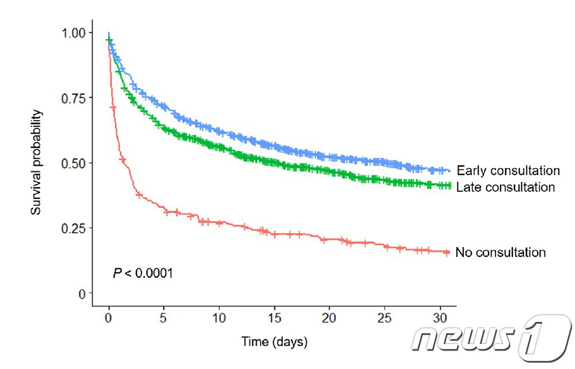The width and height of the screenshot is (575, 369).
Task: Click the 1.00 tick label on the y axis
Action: click(74, 32)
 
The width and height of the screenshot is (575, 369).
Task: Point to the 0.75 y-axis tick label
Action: click(74, 98)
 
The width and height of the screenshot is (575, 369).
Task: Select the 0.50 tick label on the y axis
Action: click(74, 163)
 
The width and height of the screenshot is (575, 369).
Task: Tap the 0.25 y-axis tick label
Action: click(74, 229)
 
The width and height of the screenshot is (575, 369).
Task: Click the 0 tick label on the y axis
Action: click(82, 294)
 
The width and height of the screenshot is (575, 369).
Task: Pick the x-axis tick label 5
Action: click(163, 318)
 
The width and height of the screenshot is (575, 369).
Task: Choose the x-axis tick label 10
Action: click(219, 318)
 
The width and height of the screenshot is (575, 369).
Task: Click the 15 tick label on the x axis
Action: click(274, 318)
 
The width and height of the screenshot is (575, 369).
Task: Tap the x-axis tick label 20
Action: click(329, 318)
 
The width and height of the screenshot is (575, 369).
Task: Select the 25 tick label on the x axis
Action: click(384, 318)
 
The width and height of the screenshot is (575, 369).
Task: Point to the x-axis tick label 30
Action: click(440, 318)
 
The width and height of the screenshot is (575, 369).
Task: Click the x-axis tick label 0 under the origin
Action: click(108, 318)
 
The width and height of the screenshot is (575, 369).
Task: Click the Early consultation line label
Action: click(508, 171)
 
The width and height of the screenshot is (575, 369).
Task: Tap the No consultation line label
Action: click(501, 252)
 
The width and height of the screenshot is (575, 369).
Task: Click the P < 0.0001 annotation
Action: click(143, 273)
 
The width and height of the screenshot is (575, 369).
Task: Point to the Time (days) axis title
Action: click(274, 342)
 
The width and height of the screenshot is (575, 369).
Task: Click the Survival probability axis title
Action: click(36, 162)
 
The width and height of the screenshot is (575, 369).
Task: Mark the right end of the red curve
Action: click(449, 252)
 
